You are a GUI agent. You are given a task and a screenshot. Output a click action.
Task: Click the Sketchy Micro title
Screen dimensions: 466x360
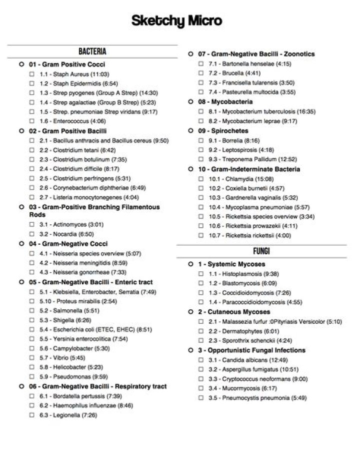tap(177, 21)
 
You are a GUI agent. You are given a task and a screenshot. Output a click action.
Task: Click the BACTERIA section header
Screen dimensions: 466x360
tap(92, 52)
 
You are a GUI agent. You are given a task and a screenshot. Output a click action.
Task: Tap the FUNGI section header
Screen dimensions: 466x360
tap(261, 250)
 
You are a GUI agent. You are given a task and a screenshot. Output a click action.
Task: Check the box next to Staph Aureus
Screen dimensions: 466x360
tap(31, 74)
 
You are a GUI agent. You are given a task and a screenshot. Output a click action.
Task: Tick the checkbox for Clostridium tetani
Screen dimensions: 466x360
tap(31, 150)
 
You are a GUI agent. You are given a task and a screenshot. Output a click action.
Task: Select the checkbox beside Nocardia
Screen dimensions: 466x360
tap(31, 234)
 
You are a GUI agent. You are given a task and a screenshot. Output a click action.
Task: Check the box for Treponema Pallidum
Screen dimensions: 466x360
tap(200, 159)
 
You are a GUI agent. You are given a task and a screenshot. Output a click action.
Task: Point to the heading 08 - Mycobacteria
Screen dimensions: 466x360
tap(225, 102)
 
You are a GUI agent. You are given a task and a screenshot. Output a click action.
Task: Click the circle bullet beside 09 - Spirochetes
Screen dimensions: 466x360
tap(190, 131)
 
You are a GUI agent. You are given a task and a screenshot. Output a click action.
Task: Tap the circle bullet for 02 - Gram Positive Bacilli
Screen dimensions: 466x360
tap(21, 131)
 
